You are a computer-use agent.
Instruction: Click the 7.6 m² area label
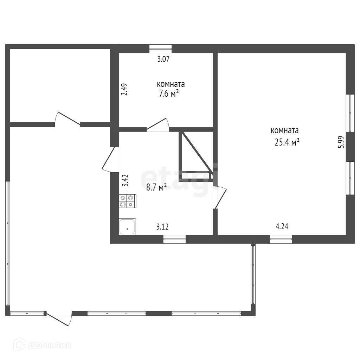[169, 94]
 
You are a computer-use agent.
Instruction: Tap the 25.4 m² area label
[287, 142]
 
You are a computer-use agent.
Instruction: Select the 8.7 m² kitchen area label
[156, 187]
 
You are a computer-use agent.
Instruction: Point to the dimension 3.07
[163, 59]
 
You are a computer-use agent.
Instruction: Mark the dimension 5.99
[341, 142]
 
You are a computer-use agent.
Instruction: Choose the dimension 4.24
[282, 227]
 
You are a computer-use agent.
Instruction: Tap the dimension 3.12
[162, 227]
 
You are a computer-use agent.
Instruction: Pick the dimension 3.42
[125, 181]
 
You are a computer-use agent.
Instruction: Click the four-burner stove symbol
[127, 201]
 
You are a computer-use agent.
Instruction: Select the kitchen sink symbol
[127, 227]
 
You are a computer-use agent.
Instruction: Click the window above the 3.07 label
[160, 49]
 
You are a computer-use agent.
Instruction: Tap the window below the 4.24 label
[281, 239]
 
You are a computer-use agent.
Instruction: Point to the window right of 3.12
[174, 239]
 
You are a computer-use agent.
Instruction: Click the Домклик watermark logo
[43, 345]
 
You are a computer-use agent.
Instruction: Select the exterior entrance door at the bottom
[59, 319]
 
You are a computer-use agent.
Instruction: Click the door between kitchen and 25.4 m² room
[219, 198]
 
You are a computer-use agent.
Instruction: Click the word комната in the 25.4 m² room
[285, 130]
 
